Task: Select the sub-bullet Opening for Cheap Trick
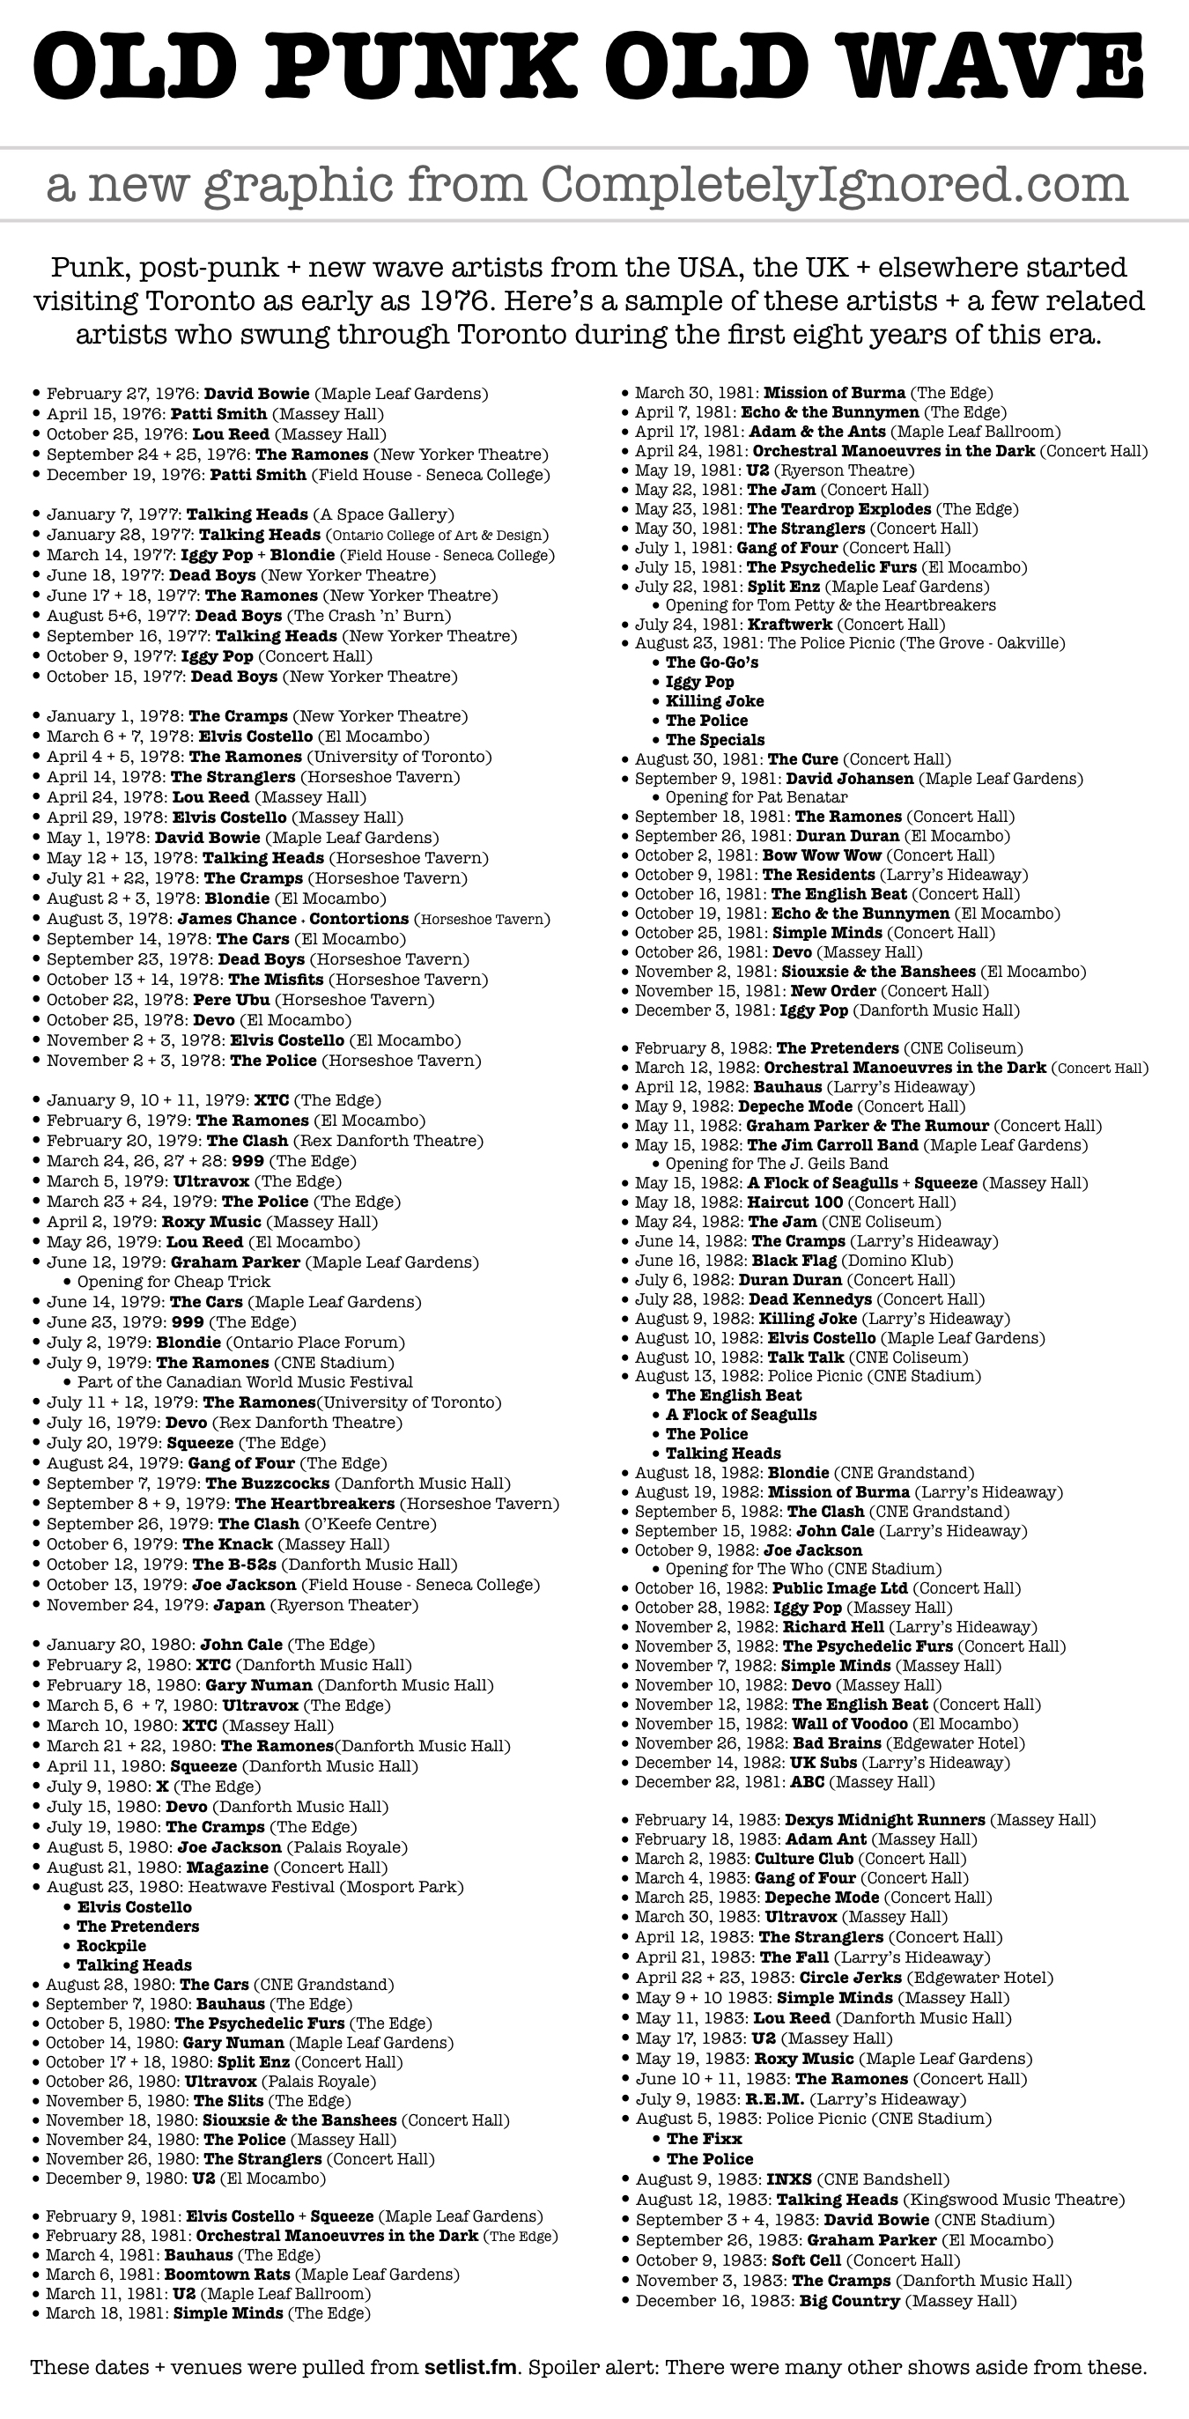(x=173, y=1282)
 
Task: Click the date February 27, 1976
(x=122, y=395)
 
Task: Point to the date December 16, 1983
(x=713, y=2301)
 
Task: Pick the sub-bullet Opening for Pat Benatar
(x=756, y=797)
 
